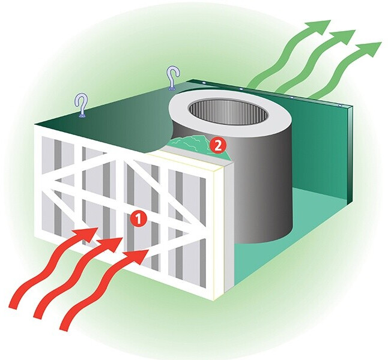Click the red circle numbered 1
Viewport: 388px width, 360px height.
coord(138,220)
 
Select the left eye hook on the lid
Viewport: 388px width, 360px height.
coord(81,106)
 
